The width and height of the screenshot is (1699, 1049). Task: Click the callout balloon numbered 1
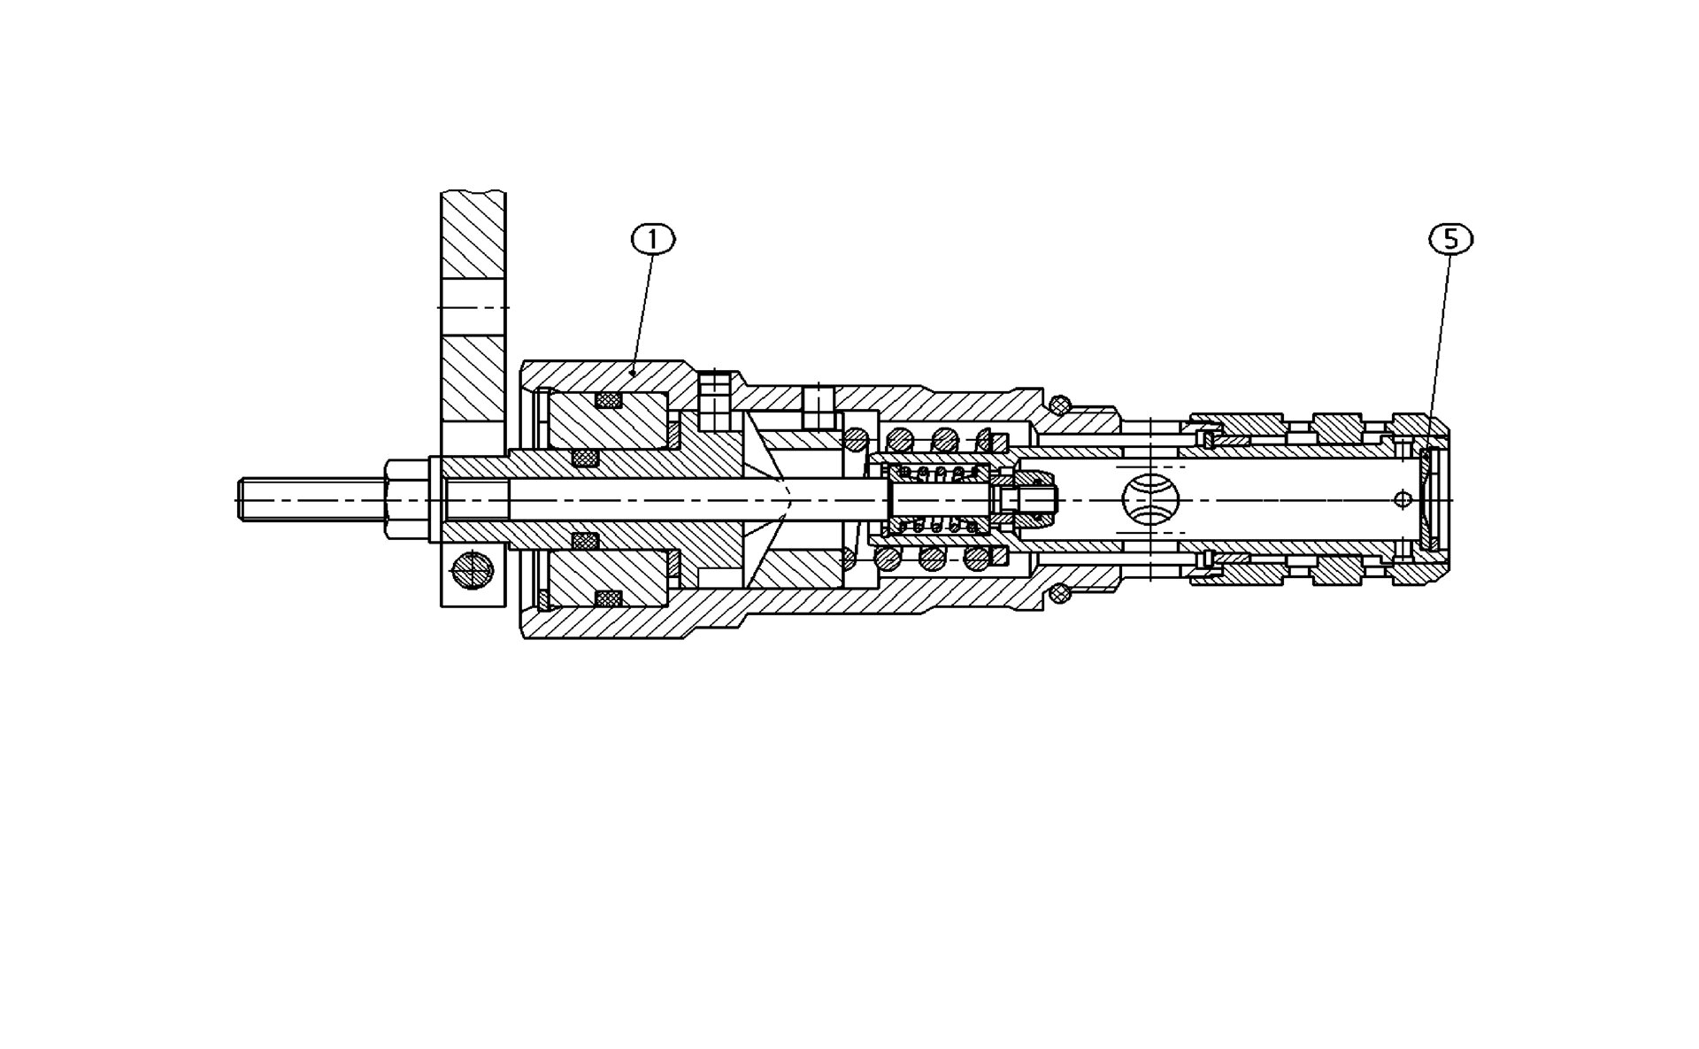(x=652, y=239)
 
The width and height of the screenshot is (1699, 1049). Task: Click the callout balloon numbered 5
(x=1451, y=239)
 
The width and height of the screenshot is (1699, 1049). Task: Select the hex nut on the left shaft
(x=407, y=500)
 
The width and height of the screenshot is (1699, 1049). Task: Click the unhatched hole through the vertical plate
(x=473, y=307)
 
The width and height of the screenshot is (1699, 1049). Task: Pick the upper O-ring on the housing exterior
(x=1059, y=405)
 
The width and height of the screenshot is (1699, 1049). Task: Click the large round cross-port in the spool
(x=1150, y=500)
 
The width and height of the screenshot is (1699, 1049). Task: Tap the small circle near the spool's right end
(x=1403, y=499)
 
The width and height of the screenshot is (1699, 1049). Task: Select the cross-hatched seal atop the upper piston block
(x=608, y=400)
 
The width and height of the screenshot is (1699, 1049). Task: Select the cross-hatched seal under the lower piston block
(x=608, y=599)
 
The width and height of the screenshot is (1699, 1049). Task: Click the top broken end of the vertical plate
(x=473, y=194)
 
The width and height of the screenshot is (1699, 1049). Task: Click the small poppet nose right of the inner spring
(x=1035, y=500)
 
